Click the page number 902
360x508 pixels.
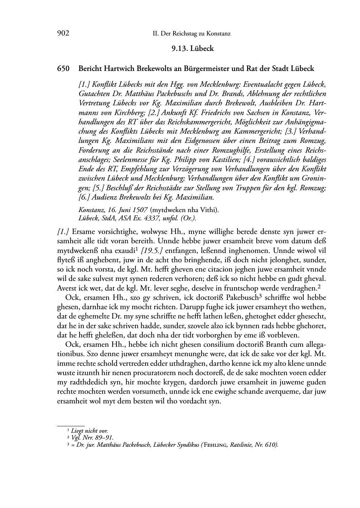point(63,34)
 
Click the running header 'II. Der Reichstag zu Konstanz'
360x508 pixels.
point(191,34)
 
